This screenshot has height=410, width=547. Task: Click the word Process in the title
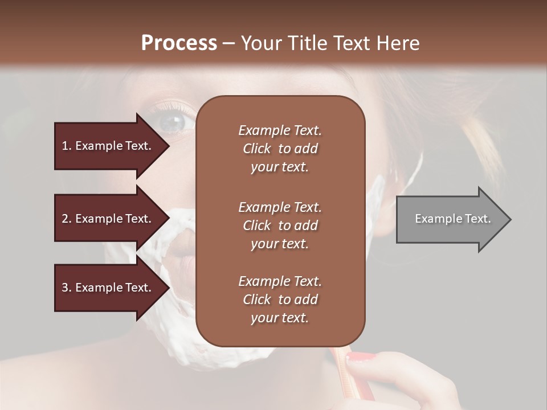coord(179,43)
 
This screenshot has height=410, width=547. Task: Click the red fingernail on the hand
coord(360,358)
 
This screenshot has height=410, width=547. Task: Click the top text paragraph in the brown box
coord(280,149)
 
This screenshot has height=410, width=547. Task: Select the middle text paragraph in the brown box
coord(280,225)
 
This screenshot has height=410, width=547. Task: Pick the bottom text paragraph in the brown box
coord(280,300)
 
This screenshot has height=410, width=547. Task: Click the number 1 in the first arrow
coord(65,146)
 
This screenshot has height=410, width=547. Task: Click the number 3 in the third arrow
coord(65,288)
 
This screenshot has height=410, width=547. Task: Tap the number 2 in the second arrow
coord(65,219)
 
